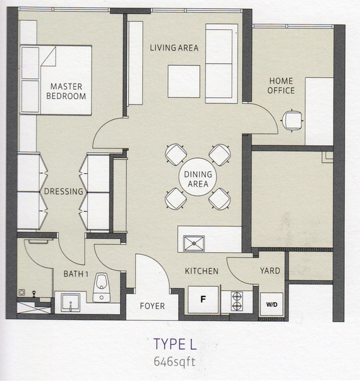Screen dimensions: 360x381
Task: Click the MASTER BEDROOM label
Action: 66,91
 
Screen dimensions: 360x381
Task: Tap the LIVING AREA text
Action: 174,48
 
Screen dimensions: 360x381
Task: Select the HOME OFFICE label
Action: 281,85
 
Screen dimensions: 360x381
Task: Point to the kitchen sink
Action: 194,243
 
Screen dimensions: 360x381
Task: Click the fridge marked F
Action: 203,299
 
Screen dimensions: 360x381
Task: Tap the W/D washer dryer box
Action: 272,304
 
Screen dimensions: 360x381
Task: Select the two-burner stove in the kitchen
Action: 237,301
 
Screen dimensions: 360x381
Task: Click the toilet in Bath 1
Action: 102,287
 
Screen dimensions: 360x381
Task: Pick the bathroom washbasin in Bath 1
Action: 71,303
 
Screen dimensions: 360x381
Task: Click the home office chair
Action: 292,120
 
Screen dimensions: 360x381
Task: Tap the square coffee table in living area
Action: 184,82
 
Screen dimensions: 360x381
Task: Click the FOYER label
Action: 152,306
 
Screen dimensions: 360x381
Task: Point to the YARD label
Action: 270,270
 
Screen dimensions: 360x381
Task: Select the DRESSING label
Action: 64,191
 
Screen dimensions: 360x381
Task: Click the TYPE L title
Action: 175,344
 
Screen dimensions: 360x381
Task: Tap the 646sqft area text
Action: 174,362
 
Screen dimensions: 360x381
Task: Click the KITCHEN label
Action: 201,271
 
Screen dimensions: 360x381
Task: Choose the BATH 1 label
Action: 76,274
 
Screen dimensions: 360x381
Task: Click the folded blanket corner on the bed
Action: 49,57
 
